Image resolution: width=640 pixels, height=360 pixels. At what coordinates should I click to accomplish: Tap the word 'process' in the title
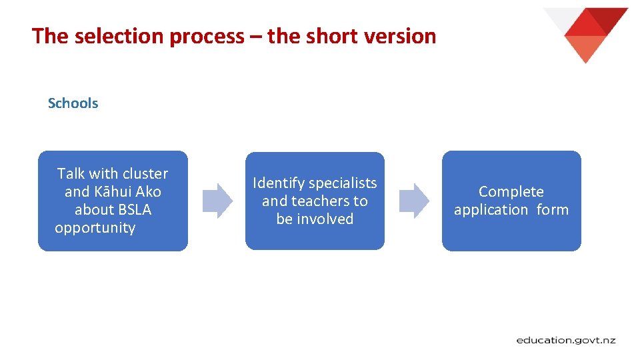[x=207, y=37]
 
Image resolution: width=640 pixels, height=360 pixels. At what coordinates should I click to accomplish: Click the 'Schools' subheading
[x=73, y=103]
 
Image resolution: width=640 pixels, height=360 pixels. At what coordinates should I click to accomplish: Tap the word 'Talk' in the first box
[x=71, y=174]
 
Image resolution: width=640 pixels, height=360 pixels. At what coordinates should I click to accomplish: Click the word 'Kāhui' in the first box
[x=113, y=192]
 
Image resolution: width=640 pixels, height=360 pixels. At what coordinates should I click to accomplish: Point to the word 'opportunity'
[x=95, y=228]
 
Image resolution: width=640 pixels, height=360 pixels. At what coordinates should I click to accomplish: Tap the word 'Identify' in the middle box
[x=279, y=183]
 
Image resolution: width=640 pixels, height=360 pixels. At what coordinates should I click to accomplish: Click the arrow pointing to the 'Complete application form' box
[x=413, y=201]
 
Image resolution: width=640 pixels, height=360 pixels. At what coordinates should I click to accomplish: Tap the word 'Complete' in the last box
[x=511, y=192]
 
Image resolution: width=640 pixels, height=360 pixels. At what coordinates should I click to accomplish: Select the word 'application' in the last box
[x=491, y=210]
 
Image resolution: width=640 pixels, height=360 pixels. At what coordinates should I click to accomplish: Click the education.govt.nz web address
[x=566, y=341]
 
